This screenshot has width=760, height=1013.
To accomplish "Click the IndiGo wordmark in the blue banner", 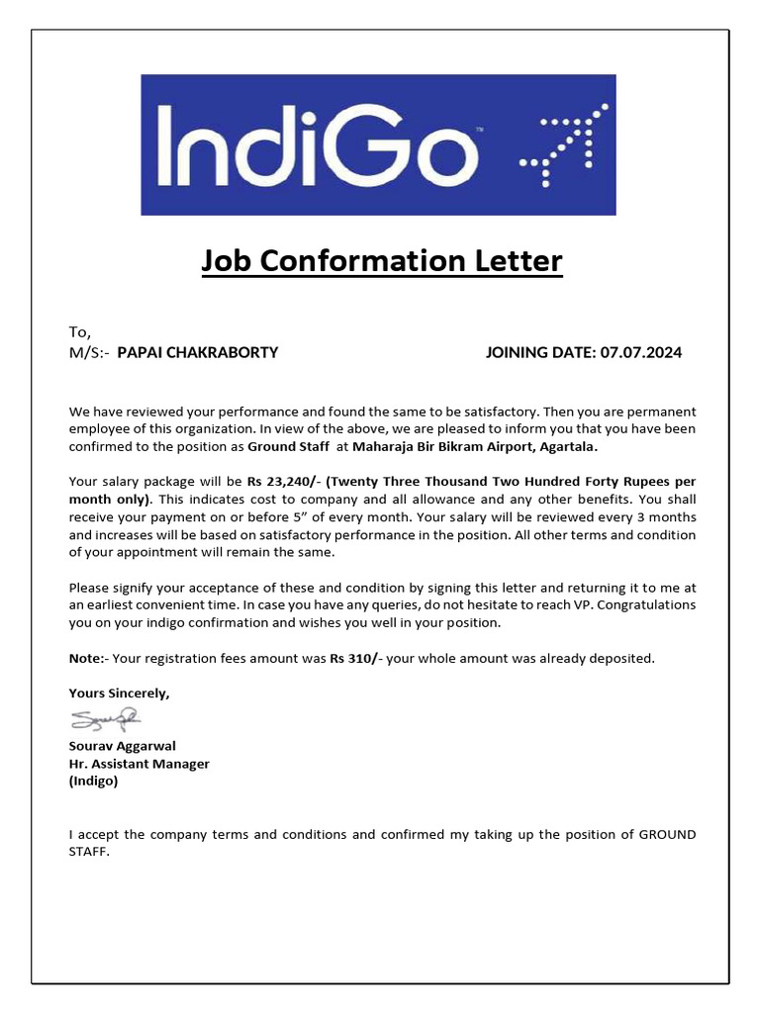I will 316,145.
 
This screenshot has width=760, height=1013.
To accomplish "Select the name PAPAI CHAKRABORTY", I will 198,352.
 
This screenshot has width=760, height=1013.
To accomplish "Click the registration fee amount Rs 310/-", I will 355,658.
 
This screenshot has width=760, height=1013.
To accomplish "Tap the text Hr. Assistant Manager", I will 139,764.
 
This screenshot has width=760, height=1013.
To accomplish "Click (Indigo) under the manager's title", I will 93,782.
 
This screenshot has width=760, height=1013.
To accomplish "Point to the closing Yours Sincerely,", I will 119,693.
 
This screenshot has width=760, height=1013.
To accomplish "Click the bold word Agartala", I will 568,446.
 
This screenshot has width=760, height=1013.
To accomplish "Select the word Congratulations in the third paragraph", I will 648,604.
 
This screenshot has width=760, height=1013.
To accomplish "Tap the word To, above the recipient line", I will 80,333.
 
